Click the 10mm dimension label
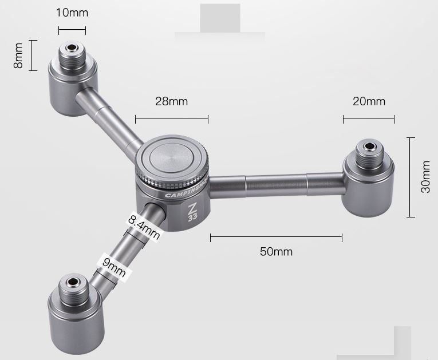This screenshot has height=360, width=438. [x=72, y=13]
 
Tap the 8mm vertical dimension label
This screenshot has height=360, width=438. [x=18, y=56]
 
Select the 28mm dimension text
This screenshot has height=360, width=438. [x=172, y=101]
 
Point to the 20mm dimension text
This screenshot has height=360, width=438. [x=369, y=101]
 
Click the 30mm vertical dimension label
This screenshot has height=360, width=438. [x=425, y=177]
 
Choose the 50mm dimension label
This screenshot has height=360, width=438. [x=276, y=252]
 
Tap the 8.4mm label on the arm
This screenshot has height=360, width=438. [x=144, y=227]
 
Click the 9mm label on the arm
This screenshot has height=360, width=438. [x=114, y=267]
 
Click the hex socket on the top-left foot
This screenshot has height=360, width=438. [x=72, y=48]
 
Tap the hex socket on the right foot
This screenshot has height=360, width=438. [x=370, y=146]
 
